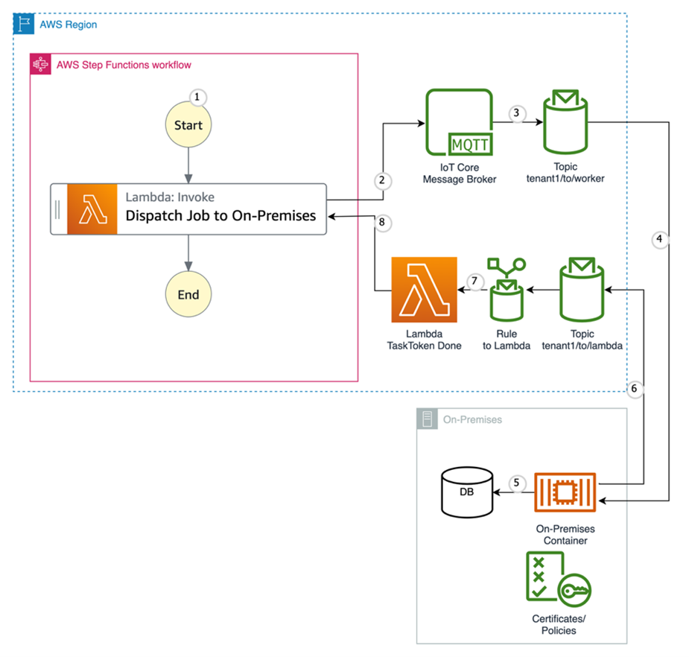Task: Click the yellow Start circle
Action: pos(188,125)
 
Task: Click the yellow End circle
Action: pos(188,294)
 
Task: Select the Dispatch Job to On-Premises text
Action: pos(220,216)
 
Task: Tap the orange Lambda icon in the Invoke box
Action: pos(92,209)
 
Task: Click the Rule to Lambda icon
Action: pos(507,290)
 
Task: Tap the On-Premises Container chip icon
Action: pos(565,492)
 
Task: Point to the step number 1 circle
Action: pos(197,97)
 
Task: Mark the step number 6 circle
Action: pos(635,388)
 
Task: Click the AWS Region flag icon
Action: pos(24,24)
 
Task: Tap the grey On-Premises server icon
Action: pos(428,419)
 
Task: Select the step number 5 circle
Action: pos(515,482)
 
